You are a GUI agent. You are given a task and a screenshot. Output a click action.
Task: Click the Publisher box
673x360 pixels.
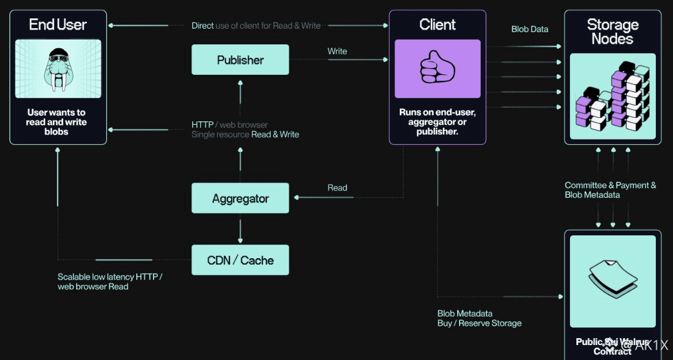[x=240, y=60]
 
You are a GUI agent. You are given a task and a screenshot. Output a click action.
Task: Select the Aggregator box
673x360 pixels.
[x=240, y=198]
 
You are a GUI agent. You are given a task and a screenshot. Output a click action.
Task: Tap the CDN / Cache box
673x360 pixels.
[x=240, y=260]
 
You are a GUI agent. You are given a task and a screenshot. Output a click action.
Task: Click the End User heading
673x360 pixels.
[x=58, y=25]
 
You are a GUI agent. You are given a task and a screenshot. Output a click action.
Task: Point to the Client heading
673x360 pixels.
[x=437, y=25]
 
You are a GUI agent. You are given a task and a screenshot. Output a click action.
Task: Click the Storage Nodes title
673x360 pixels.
[x=613, y=32]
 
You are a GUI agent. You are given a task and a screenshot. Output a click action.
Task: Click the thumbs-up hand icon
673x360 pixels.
[x=437, y=68]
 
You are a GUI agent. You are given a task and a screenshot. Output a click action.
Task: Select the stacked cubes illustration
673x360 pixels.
[x=613, y=98]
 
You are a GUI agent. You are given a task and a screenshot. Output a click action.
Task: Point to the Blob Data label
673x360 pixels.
[x=530, y=29]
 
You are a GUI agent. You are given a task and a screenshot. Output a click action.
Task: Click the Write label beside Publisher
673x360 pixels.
[x=337, y=51]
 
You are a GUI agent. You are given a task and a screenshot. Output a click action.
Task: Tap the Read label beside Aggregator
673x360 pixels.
[x=337, y=188]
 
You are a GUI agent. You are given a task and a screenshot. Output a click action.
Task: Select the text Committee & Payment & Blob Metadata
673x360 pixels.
[x=610, y=190]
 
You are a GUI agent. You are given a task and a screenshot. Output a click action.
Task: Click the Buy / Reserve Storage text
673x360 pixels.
[x=479, y=323]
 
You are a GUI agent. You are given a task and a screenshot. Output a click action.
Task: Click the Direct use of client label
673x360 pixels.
[x=256, y=25]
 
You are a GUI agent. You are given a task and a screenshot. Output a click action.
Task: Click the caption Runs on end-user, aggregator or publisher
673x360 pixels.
[x=437, y=122]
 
